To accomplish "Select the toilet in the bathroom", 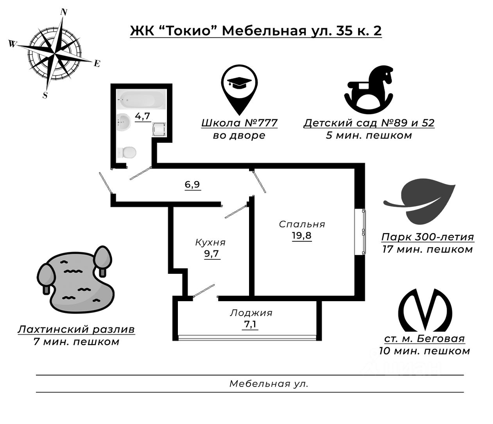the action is coord(127,152).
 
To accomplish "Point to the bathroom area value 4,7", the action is coord(143,116).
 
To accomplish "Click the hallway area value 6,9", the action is coord(193,184).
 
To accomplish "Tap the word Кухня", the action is coord(210,243).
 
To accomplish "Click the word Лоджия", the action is coord(251,313).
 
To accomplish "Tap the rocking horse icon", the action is coord(369,89).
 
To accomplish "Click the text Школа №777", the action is coord(239,123).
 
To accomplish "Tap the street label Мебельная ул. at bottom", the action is coord(269,384).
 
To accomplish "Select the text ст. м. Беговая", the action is coord(424,339).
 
